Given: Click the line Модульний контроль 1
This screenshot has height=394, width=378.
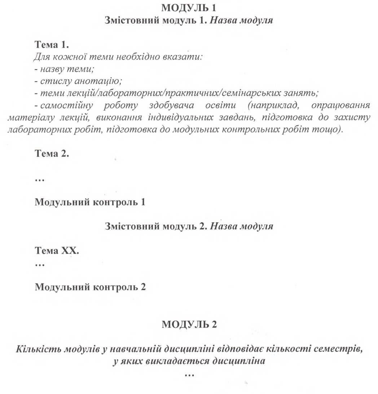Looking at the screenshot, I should (90, 202).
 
